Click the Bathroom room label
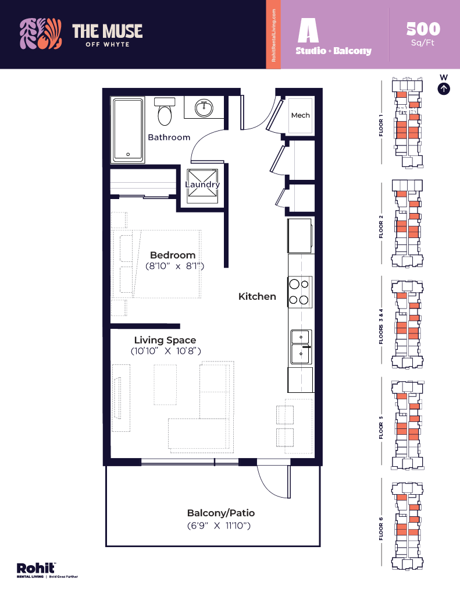click(x=169, y=137)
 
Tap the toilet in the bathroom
click(x=165, y=112)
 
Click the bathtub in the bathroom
click(x=128, y=130)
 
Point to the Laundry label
click(x=202, y=185)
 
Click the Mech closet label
click(x=300, y=115)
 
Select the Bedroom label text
click(x=173, y=255)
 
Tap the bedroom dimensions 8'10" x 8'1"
click(x=175, y=266)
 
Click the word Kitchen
click(x=257, y=296)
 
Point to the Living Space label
click(x=165, y=340)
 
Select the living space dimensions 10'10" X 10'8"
click(x=166, y=351)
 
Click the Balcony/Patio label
click(x=221, y=513)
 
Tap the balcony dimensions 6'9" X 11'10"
click(x=219, y=526)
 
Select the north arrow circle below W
click(x=444, y=88)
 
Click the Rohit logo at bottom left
click(x=37, y=568)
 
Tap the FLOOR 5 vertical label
click(x=381, y=427)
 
